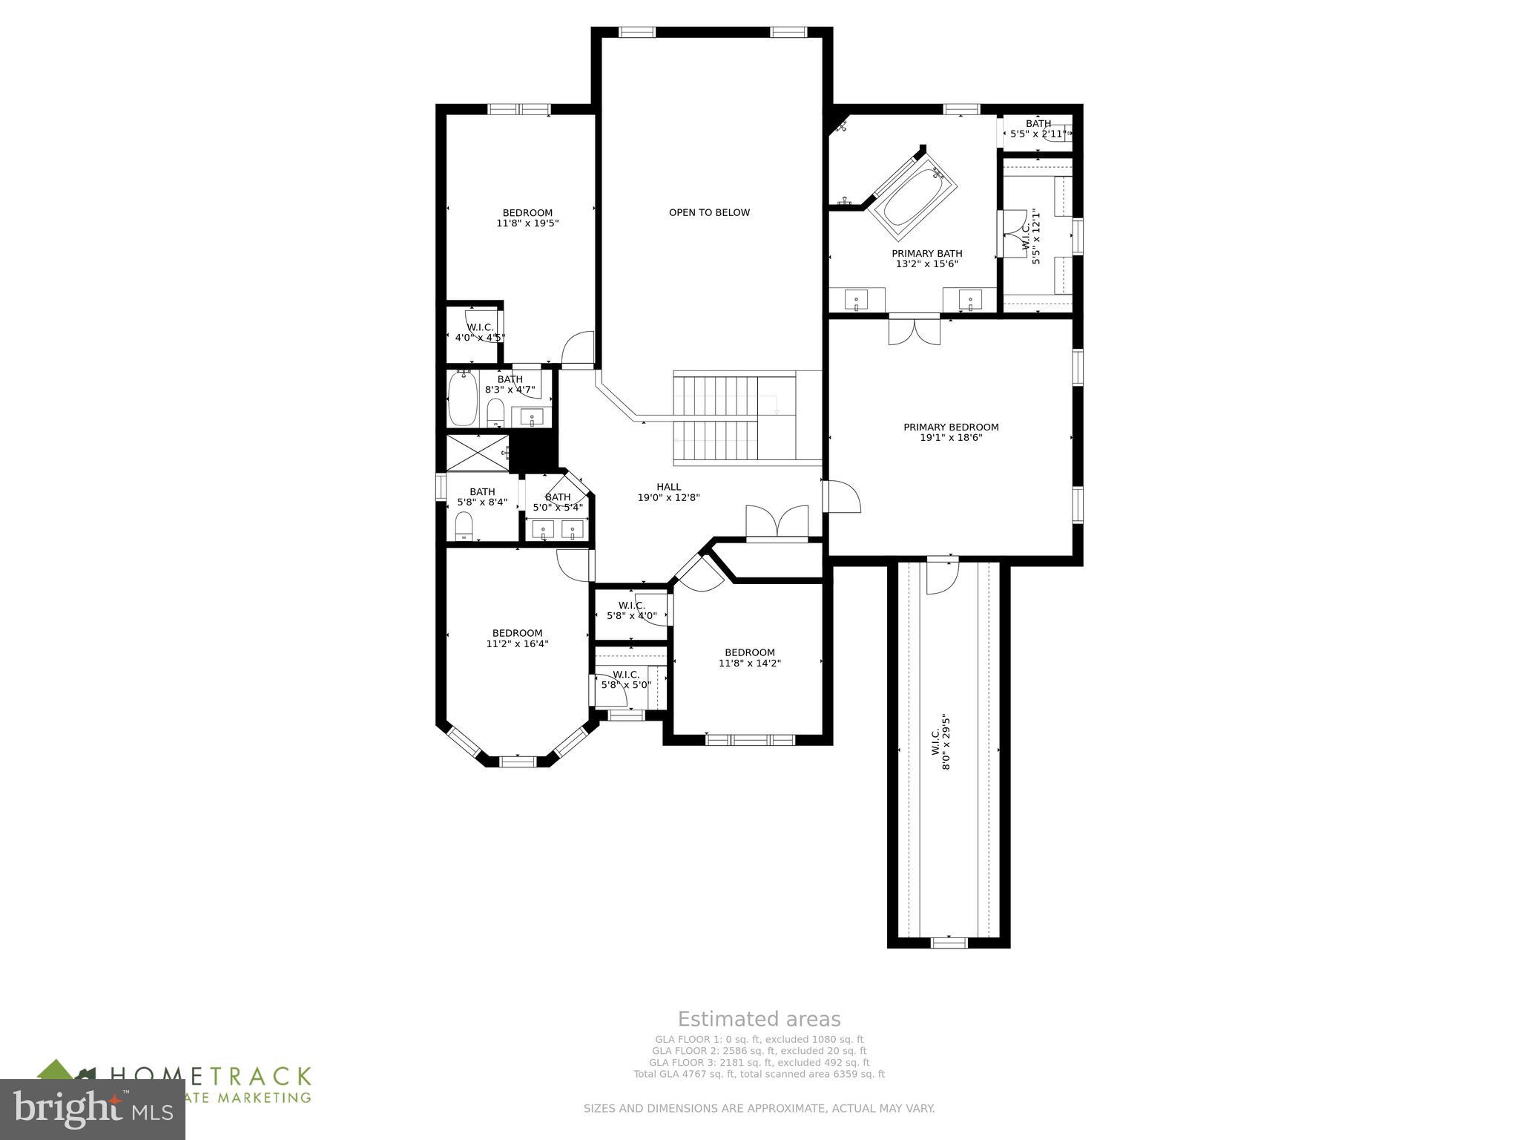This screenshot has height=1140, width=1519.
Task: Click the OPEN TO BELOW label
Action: [x=709, y=212]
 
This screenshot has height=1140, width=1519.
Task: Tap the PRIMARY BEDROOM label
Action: [x=951, y=427]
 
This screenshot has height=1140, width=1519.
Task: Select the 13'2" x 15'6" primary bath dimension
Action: [x=926, y=263]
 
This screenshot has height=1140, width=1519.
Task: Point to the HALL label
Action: [x=668, y=487]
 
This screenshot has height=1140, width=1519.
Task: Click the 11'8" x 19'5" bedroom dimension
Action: [x=527, y=223]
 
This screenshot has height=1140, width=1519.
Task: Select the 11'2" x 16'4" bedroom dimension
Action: [x=517, y=644]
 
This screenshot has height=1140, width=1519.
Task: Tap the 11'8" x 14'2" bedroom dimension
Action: [x=749, y=664]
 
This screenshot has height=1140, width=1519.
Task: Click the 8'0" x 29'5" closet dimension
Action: [x=946, y=742]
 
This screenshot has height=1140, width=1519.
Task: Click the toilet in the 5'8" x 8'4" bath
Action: [x=464, y=528]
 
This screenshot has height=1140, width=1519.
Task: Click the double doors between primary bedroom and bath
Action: [x=914, y=331]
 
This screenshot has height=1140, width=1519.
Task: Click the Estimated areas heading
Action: [x=759, y=1019]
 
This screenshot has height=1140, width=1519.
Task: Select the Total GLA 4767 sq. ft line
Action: [x=759, y=1074]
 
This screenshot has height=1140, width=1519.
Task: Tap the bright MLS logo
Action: [x=93, y=1110]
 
